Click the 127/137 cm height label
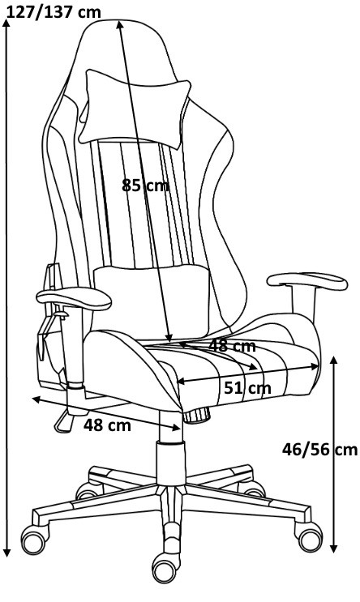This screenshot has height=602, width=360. coord(54,12)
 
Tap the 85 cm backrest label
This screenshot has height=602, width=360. coord(145,186)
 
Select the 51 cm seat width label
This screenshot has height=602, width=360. coord(247,388)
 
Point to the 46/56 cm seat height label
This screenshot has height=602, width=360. coord(319,449)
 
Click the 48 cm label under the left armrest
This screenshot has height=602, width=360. coord(107,425)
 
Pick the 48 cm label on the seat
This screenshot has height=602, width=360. coord(232,346)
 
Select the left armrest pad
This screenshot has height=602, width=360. coord(74,298)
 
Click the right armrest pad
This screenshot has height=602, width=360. coord(307,281)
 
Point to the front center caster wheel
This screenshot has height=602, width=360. coord(165,568)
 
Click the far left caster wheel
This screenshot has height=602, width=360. coord(34,540)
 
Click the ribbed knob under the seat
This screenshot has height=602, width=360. coord(197,415)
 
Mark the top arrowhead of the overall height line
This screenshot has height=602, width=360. coord(6,23)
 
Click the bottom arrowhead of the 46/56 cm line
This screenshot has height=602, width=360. coord(334,549)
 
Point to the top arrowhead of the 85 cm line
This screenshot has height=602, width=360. coord(119,25)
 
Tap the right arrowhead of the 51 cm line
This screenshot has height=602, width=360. coord(315,367)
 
